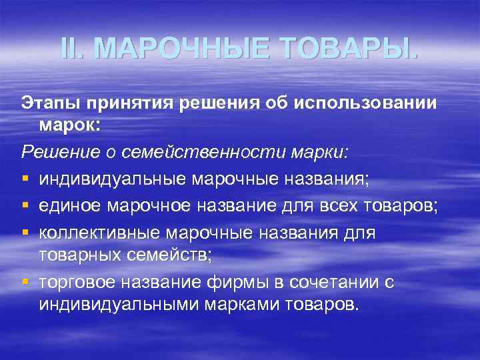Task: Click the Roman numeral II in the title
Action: pos(70,49)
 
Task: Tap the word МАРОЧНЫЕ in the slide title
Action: pos(181,49)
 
